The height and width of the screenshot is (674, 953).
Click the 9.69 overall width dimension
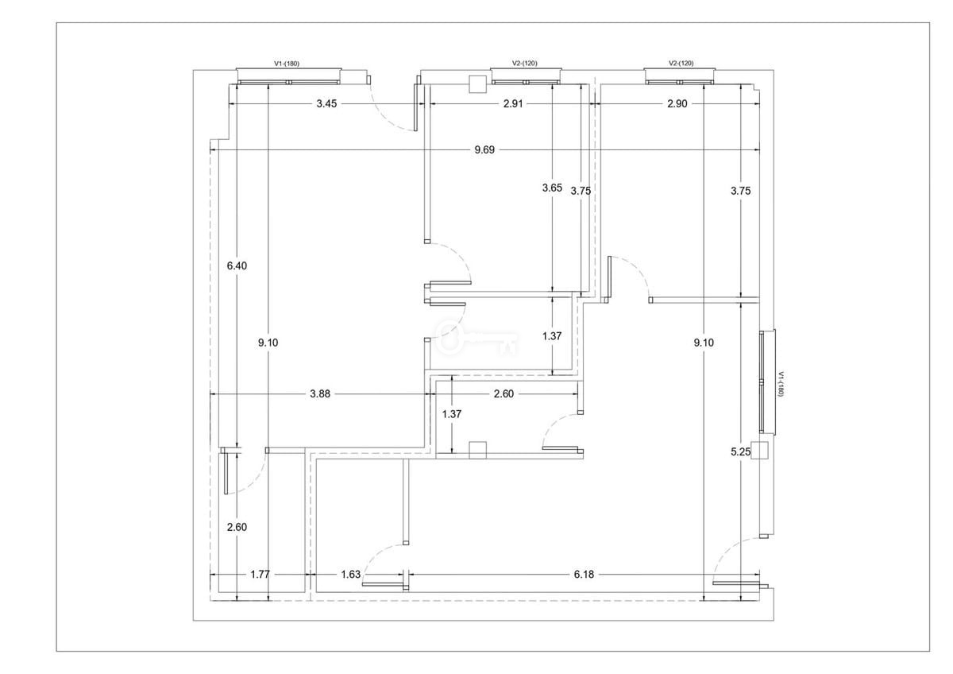(x=484, y=150)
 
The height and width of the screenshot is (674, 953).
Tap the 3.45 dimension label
(x=326, y=103)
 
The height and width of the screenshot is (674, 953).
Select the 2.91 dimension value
(x=513, y=103)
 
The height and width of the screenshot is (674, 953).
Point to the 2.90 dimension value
(x=677, y=103)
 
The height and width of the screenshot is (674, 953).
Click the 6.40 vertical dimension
(x=237, y=265)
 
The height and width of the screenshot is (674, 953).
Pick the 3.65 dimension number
(x=552, y=188)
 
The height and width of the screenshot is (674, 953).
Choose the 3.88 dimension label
(x=319, y=394)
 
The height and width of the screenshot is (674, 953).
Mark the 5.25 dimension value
(x=741, y=451)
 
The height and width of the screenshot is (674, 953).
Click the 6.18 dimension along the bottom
(x=584, y=575)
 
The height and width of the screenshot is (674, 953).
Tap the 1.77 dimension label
(x=260, y=575)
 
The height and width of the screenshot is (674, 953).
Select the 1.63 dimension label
(x=350, y=575)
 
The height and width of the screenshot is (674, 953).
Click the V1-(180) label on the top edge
(x=287, y=64)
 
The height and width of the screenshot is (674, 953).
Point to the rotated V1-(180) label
(x=781, y=385)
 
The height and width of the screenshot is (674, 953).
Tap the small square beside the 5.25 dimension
(x=759, y=451)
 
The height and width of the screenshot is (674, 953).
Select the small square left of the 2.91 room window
(x=477, y=84)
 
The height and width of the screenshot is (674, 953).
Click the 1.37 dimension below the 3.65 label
(x=552, y=336)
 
